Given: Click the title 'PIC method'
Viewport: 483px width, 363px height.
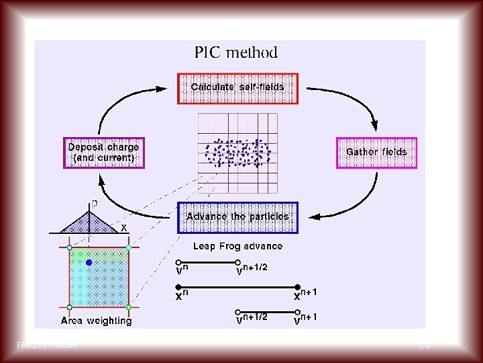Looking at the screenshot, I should click(x=235, y=52).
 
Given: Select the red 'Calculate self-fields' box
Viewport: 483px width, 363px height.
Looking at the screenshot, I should click(x=237, y=88).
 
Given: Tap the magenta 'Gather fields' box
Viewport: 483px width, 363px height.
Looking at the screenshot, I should click(x=376, y=153).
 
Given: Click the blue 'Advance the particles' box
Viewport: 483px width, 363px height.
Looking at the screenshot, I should click(x=237, y=217).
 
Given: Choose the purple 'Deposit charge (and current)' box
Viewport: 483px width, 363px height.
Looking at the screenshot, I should click(x=104, y=153).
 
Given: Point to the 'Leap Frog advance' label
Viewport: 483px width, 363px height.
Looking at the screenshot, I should click(x=237, y=246).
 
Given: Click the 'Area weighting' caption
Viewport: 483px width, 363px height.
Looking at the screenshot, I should click(x=97, y=321).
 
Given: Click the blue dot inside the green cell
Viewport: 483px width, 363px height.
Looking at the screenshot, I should click(x=89, y=263).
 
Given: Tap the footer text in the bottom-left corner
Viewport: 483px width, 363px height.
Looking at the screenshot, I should click(x=43, y=346).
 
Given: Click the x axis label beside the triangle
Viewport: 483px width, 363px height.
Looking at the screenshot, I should click(x=124, y=228).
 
